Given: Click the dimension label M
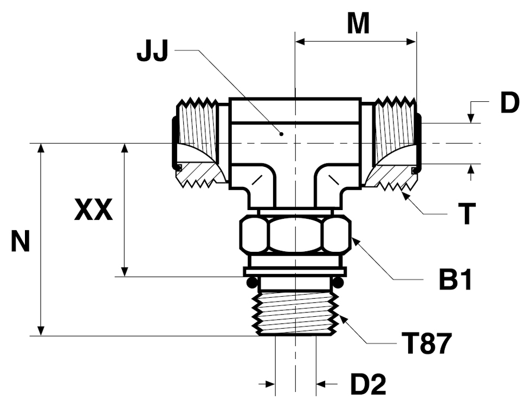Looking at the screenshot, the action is tap(358, 23).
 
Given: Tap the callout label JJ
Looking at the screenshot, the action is tap(152, 52).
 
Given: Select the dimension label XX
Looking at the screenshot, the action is tap(94, 210).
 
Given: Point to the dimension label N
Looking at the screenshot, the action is tap(21, 241).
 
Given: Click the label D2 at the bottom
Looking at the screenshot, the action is tap(368, 384).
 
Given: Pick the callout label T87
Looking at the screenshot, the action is tap(429, 344).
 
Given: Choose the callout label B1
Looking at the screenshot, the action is tap(455, 280).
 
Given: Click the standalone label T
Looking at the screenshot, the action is tap(467, 214).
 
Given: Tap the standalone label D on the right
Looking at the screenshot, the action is tap(509, 103).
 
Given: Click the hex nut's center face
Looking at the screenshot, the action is tap(295, 234).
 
